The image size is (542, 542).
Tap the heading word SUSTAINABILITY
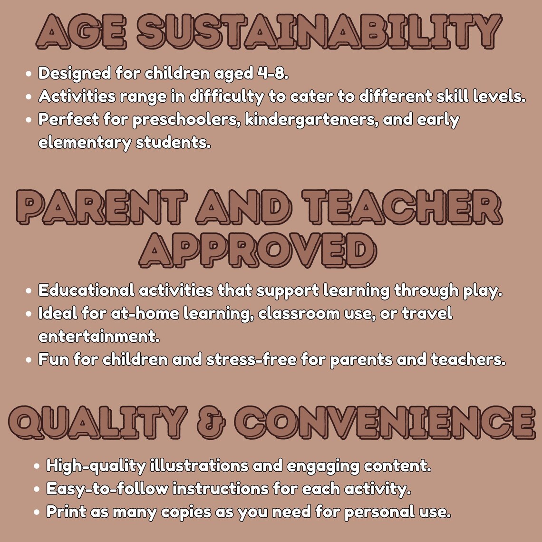coord(320,31)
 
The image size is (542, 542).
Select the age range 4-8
coord(273,73)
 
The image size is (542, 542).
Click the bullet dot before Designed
coord(29,74)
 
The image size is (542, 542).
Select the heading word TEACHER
coord(402,207)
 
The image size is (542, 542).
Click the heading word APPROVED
coord(258,250)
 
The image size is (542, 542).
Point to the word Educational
coord(87,290)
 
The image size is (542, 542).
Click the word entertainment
coord(99,337)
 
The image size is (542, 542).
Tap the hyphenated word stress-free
coord(252,360)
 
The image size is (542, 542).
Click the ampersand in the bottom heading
coord(211,423)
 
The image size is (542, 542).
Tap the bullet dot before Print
coord(37,512)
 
